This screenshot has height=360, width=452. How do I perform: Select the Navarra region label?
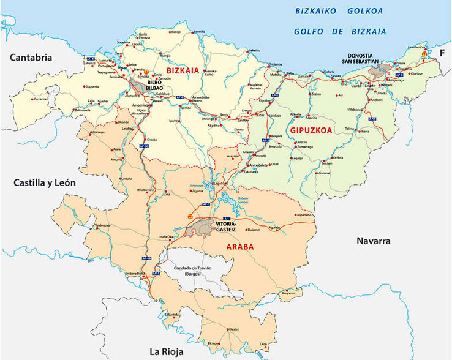pyautogui.click(x=373, y=241)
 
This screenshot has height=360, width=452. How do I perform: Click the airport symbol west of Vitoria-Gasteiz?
pyautogui.click(x=190, y=216)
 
